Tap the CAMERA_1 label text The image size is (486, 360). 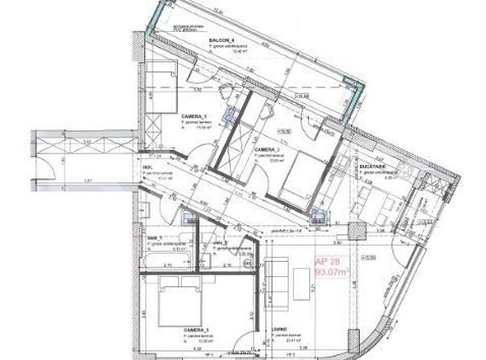[194, 118]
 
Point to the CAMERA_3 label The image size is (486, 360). [193, 331]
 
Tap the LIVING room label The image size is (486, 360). [280, 330]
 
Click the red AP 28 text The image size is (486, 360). [325, 261]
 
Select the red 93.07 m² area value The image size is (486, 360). [327, 271]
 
